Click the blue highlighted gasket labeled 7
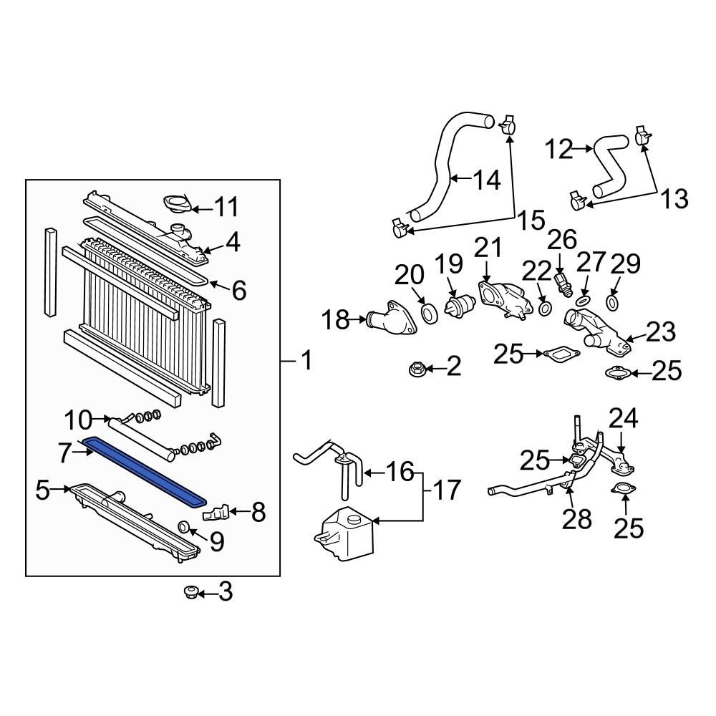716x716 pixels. pyautogui.click(x=143, y=470)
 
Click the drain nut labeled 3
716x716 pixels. pyautogui.click(x=191, y=592)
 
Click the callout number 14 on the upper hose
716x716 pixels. pyautogui.click(x=486, y=180)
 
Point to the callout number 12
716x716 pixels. pyautogui.click(x=559, y=150)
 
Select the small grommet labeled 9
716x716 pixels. pyautogui.click(x=183, y=528)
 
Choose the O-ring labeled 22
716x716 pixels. pyautogui.click(x=544, y=309)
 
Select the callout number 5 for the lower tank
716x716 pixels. pyautogui.click(x=43, y=490)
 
